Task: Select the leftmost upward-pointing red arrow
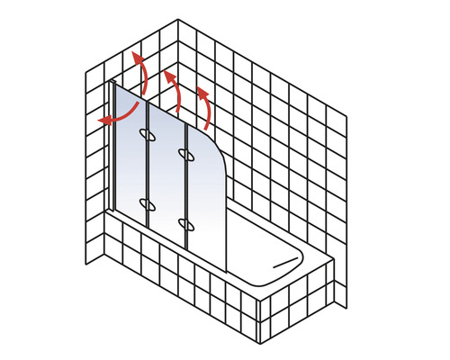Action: tap(139, 67)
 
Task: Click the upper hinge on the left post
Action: tap(148, 136)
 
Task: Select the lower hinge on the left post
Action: tap(148, 202)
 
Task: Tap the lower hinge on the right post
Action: tap(185, 221)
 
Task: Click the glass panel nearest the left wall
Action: tap(130, 162)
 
